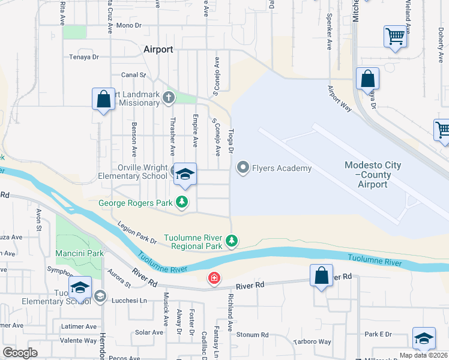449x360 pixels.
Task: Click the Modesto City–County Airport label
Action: [373, 175]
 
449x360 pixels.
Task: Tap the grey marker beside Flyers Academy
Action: [243, 167]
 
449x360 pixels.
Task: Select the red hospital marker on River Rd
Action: [213, 278]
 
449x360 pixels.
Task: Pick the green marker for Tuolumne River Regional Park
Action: [232, 241]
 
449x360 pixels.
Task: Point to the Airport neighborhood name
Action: [158, 49]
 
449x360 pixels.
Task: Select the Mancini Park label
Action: [79, 253]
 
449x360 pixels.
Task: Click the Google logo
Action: [20, 353]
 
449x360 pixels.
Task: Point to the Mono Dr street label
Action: [129, 25]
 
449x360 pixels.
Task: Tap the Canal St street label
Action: [134, 75]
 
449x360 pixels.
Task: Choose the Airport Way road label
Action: [339, 96]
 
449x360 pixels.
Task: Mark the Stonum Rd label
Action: [252, 335]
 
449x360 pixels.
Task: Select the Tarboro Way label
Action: [315, 342]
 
